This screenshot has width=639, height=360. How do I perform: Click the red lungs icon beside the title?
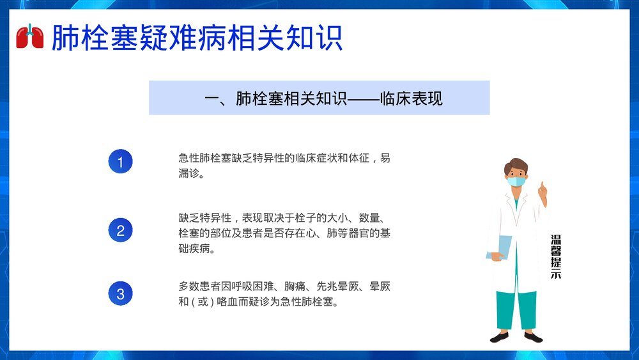coord(29,36)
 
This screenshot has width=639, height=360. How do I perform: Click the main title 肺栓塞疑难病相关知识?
coord(196,38)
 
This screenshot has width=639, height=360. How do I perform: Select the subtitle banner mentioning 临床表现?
coord(319,98)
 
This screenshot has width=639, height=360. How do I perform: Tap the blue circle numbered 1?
coord(120,162)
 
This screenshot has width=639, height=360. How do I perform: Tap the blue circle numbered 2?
coord(120,229)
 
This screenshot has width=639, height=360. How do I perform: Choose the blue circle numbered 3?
coord(120,294)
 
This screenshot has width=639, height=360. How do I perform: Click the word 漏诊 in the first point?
coord(190,174)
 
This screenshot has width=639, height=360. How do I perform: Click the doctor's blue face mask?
coord(516,181)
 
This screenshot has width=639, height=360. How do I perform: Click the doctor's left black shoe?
coord(500,336)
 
